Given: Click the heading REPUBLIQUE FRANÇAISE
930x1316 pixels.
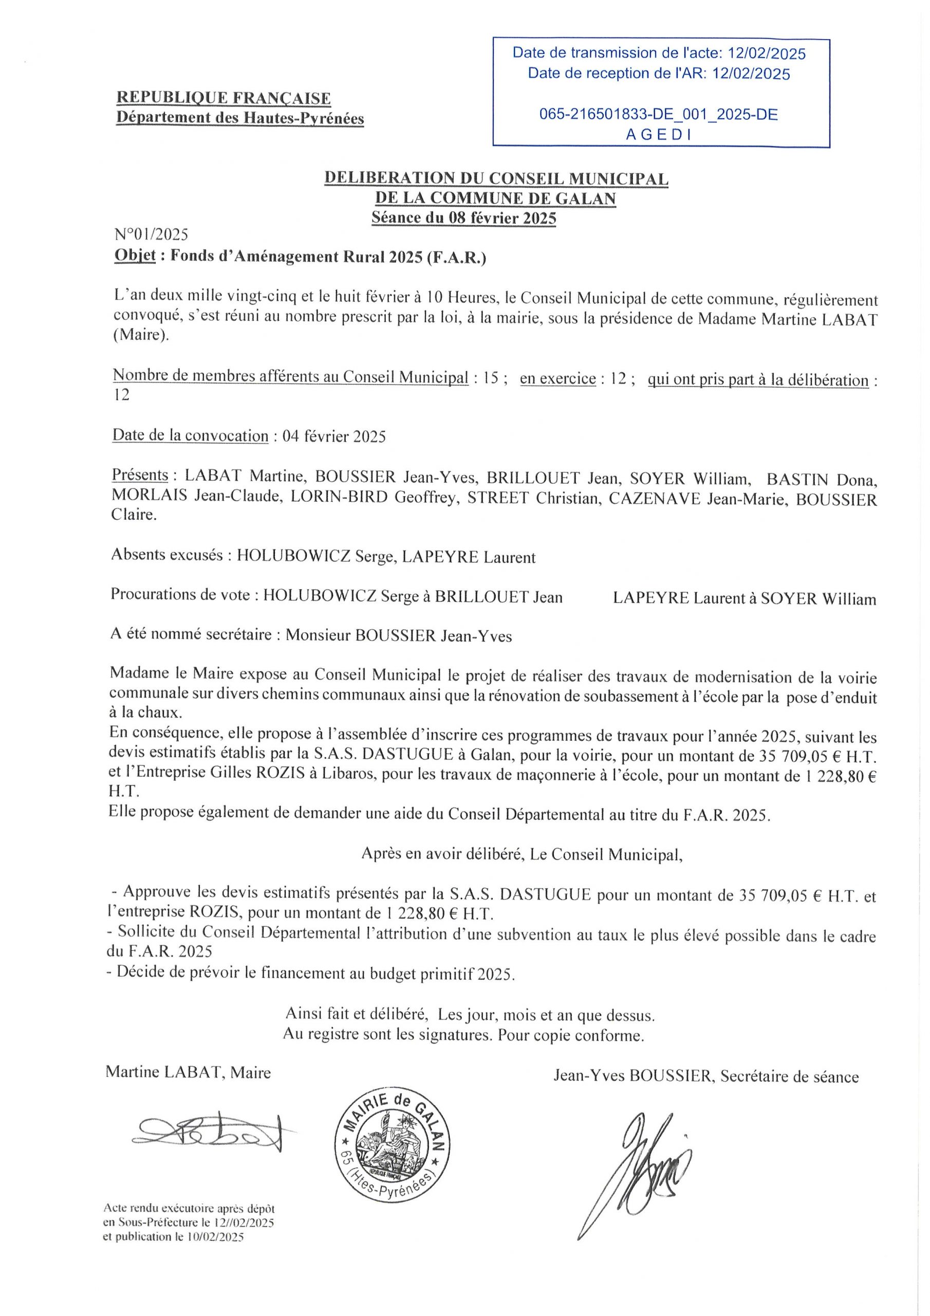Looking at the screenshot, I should click(224, 98).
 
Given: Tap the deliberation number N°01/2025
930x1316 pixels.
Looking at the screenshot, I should click(151, 234).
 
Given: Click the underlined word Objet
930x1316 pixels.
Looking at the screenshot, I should click(135, 255).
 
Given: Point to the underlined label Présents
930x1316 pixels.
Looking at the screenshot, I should click(140, 475).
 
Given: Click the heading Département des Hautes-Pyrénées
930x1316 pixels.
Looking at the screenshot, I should click(240, 118).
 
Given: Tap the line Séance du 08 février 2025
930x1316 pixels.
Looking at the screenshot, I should click(463, 218).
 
